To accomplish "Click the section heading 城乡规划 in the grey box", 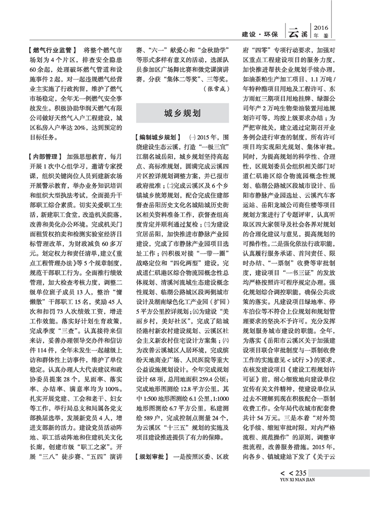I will (x=182, y=113).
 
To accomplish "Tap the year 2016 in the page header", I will (x=323, y=27).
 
